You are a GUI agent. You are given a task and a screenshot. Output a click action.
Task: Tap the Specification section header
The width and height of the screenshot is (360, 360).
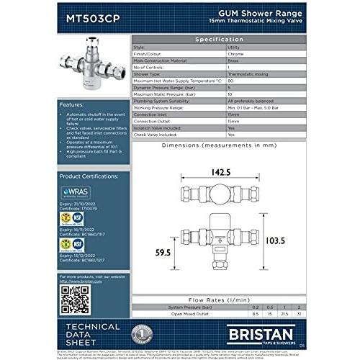[x=217, y=40]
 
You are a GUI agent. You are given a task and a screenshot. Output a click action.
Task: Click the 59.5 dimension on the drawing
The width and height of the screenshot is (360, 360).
[x=161, y=253]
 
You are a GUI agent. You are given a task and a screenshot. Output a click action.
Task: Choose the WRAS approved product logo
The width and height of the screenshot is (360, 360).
[x=74, y=193]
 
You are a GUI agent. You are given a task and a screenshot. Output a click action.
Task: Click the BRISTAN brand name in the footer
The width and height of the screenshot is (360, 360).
[x=262, y=334]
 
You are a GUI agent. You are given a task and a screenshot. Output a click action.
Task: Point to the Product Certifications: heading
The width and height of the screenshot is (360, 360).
[x=89, y=175]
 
